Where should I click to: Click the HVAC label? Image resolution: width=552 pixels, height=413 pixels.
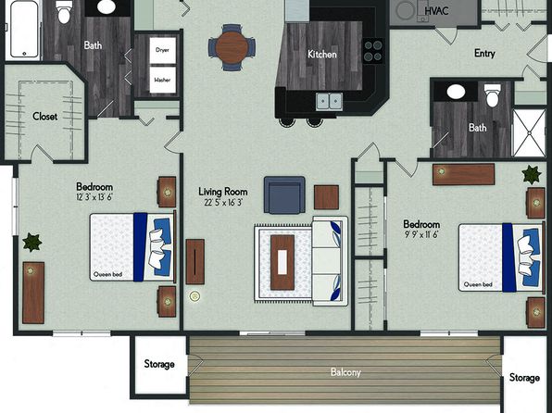tap(436, 11)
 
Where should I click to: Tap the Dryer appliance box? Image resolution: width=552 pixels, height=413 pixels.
tap(162, 50)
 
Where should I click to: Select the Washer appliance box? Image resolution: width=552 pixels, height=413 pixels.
tap(162, 80)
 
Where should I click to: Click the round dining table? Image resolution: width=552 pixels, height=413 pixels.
tap(232, 47)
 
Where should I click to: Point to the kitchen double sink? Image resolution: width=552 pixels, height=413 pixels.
tap(329, 102)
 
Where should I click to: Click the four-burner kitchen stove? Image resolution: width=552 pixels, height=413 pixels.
tap(373, 51)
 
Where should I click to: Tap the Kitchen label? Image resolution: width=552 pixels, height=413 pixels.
tap(321, 55)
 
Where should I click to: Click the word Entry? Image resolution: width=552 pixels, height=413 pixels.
tap(484, 54)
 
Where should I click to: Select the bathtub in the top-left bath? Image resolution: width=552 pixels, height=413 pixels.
tap(24, 29)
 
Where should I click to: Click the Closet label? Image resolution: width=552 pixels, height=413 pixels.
tap(44, 116)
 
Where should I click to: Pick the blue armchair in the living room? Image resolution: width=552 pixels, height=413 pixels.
tap(284, 195)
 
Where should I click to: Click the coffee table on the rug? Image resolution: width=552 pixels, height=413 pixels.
tap(282, 262)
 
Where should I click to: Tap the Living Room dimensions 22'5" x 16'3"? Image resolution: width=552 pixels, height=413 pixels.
tap(223, 203)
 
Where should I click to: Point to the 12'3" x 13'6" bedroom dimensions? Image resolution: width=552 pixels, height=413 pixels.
tap(94, 197)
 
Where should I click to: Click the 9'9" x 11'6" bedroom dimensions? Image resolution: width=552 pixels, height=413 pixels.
tap(421, 234)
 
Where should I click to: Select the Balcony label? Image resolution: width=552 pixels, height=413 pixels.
tap(345, 372)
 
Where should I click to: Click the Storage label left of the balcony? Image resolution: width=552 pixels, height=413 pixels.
tap(159, 364)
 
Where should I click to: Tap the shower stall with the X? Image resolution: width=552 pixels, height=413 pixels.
tap(529, 132)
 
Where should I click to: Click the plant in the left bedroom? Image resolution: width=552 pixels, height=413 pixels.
tap(32, 243)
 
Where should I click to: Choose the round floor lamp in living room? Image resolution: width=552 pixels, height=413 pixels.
tap(194, 296)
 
